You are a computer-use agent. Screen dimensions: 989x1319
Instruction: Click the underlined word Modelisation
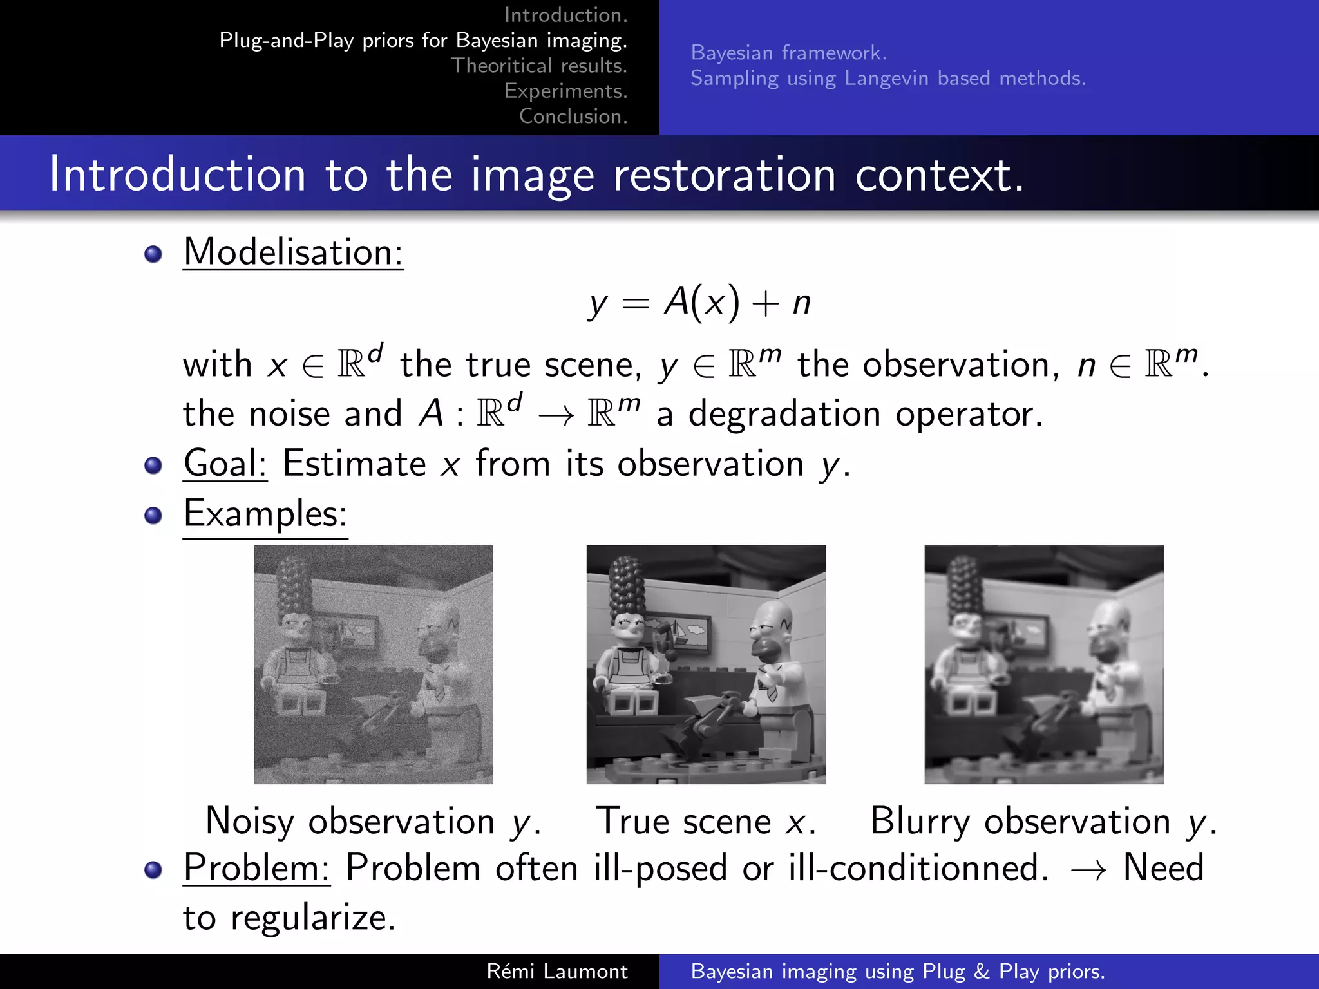click(x=293, y=252)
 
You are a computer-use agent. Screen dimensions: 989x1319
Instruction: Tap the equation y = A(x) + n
click(x=699, y=302)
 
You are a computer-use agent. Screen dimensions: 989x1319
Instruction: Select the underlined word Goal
click(x=225, y=464)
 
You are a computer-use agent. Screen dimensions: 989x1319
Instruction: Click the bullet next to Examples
click(x=153, y=515)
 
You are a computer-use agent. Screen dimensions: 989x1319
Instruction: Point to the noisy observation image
click(x=373, y=664)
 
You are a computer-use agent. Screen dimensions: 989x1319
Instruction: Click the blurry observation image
click(x=1043, y=664)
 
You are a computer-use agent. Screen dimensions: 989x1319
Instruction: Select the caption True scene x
click(x=706, y=822)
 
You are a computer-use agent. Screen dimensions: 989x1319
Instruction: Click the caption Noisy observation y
click(x=373, y=822)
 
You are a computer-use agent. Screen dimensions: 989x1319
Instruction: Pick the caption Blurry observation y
click(x=1043, y=822)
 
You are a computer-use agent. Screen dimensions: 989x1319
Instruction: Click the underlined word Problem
click(x=256, y=868)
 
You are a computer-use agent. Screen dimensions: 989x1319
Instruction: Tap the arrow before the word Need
click(x=1088, y=870)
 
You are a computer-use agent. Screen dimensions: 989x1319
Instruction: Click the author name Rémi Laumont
click(x=556, y=971)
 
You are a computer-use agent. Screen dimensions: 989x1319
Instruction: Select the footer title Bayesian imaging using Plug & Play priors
click(x=898, y=971)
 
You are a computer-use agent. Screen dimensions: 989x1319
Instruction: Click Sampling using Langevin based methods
click(x=887, y=79)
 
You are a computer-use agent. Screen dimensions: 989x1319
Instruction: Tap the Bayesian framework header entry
click(x=788, y=53)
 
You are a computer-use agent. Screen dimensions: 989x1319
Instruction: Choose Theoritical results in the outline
click(x=538, y=66)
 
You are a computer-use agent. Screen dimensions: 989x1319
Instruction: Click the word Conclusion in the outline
click(x=573, y=117)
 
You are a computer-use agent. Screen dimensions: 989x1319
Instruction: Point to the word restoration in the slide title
click(x=724, y=174)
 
